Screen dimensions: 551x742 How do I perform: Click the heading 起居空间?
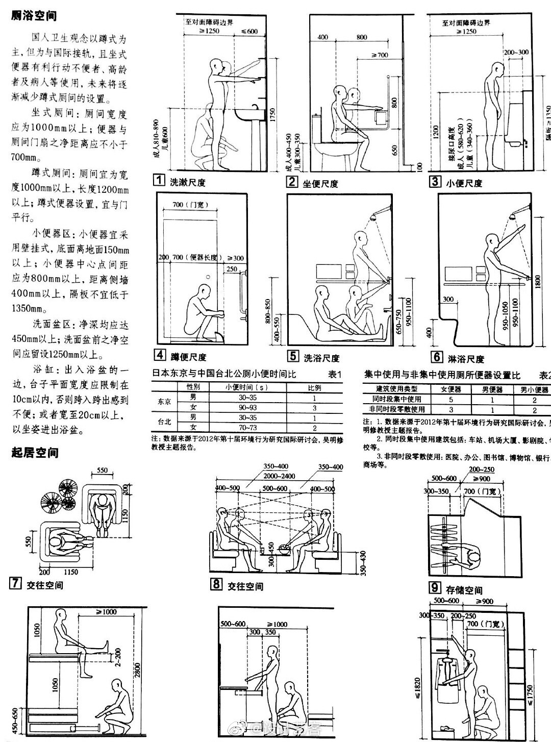[x=35, y=453]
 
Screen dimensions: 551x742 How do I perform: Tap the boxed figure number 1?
[x=160, y=180]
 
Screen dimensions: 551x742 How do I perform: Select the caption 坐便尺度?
[x=320, y=183]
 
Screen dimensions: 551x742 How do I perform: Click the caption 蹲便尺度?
[x=189, y=357]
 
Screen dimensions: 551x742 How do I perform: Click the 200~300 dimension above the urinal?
[x=516, y=52]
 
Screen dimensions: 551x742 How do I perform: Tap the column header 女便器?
[x=451, y=389]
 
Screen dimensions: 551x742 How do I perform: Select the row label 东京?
[x=165, y=402]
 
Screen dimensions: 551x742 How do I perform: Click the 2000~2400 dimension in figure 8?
[x=279, y=477]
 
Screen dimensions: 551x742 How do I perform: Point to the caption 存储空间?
[x=464, y=590]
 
